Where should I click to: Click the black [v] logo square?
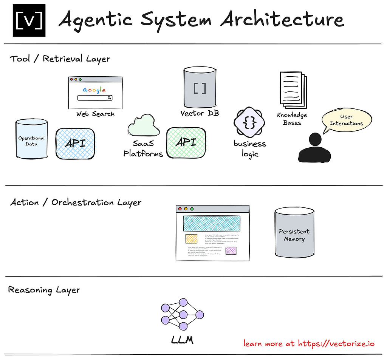[29, 20]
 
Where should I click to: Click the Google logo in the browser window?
[94, 90]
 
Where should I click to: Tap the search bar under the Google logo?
[95, 98]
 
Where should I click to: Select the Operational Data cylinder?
[31, 139]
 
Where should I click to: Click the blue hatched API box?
[75, 143]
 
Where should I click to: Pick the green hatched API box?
[186, 142]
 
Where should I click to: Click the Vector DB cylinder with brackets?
[200, 88]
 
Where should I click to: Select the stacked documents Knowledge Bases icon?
[293, 90]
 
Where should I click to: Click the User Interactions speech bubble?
[346, 120]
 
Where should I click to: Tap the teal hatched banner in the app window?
[212, 223]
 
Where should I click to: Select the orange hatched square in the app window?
[191, 238]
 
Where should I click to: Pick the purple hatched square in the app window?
[231, 250]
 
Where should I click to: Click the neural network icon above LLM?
[183, 314]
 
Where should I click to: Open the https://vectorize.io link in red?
[336, 343]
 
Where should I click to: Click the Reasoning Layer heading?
[44, 290]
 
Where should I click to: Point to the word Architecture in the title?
[282, 19]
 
